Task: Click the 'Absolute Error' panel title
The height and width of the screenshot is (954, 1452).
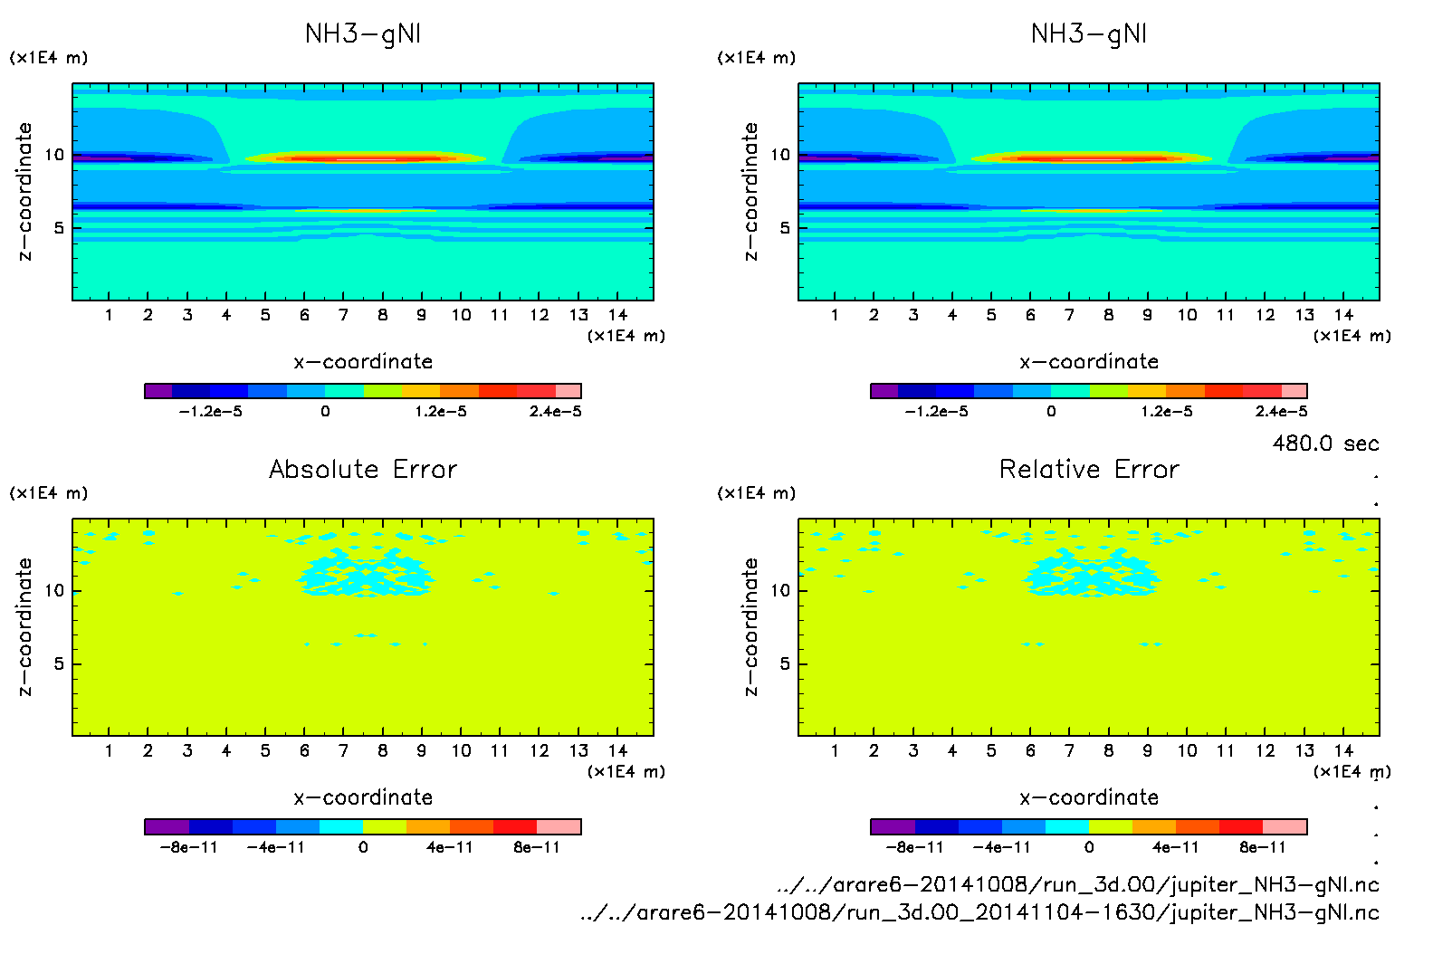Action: point(363,469)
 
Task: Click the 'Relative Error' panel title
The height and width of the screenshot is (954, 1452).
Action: point(1089,469)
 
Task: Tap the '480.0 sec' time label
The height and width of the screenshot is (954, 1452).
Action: point(1325,444)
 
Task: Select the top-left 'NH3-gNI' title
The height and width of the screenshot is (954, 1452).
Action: point(363,34)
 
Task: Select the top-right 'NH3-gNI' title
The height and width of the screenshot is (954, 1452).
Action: point(1089,34)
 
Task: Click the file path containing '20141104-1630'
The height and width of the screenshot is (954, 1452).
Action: point(979,912)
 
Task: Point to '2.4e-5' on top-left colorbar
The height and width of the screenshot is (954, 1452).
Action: point(555,412)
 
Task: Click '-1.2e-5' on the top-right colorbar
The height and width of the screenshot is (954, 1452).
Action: point(936,412)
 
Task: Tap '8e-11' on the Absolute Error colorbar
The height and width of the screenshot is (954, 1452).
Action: point(537,848)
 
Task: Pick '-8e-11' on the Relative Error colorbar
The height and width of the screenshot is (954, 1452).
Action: point(914,848)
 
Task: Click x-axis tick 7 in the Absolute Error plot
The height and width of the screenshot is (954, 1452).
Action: point(343,750)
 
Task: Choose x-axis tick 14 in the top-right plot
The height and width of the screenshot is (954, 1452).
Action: point(1343,315)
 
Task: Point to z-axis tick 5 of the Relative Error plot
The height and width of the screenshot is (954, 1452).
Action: point(785,664)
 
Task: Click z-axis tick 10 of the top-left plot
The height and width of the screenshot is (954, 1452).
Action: point(54,155)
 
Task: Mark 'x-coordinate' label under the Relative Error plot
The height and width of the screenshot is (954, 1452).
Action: point(1089,797)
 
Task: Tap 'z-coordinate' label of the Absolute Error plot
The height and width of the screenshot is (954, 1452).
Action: point(24,626)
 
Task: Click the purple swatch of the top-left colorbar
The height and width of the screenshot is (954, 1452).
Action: point(158,391)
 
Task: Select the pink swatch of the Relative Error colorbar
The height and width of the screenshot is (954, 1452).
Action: point(1285,826)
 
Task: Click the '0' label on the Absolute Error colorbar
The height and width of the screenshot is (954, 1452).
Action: point(363,848)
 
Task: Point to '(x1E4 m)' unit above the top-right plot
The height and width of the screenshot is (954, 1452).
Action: point(756,58)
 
